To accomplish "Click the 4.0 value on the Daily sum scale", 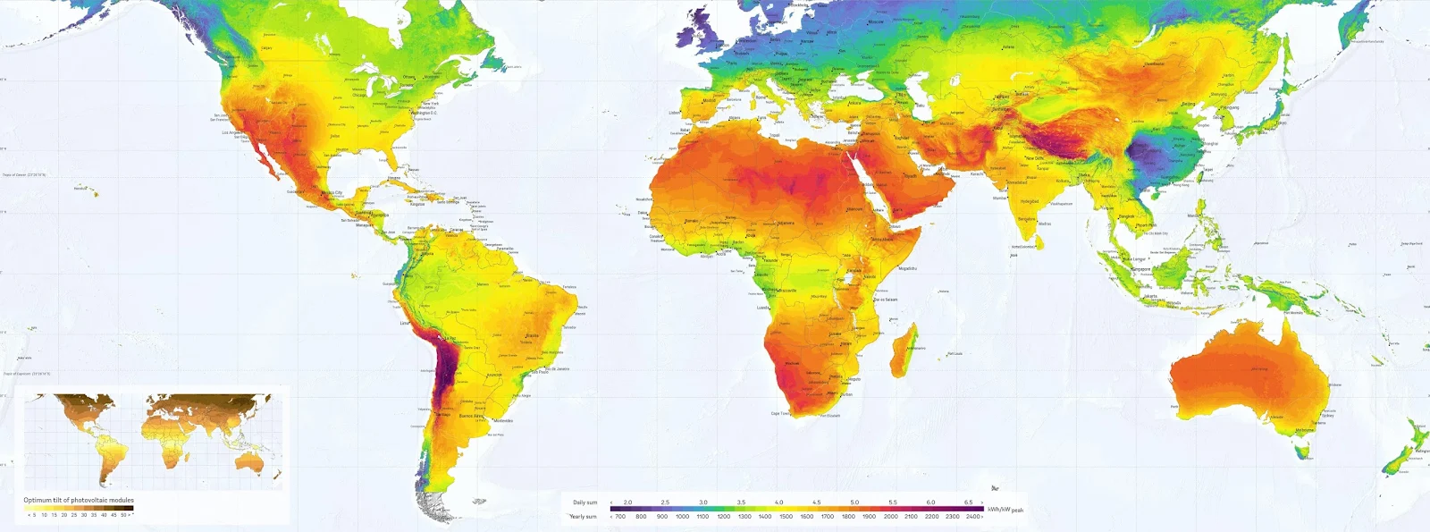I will pyautogui.click(x=778, y=502).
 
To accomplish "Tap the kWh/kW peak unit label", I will pyautogui.click(x=1005, y=510).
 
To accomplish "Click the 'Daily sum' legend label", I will pyautogui.click(x=585, y=502).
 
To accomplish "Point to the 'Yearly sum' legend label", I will pyautogui.click(x=584, y=516).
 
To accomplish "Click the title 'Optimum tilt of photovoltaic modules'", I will pyautogui.click(x=79, y=500).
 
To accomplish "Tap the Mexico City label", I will pyautogui.click(x=332, y=193).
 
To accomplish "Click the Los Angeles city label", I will pyautogui.click(x=231, y=133).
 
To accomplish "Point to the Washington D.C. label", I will pyautogui.click(x=424, y=113).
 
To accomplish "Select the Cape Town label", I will pyautogui.click(x=780, y=413).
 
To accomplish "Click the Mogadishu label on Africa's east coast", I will pyautogui.click(x=907, y=268).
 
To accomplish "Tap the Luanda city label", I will pyautogui.click(x=762, y=308).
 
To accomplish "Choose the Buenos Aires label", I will pyautogui.click(x=472, y=416).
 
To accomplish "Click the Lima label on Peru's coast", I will pyautogui.click(x=404, y=323).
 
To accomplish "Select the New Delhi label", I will pyautogui.click(x=1034, y=157).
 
